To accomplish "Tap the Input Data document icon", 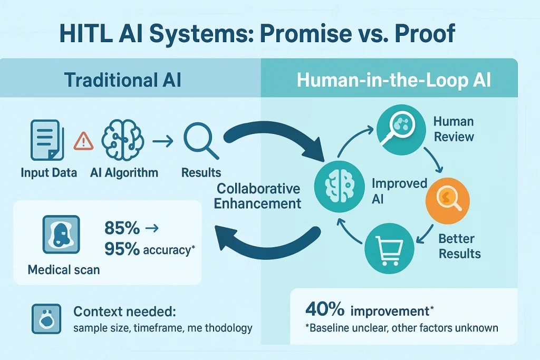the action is click(x=47, y=140).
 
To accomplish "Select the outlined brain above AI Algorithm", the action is click(x=122, y=140).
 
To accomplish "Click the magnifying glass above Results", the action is click(x=201, y=141).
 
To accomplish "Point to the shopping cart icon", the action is click(x=390, y=248).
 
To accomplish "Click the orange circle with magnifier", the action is click(x=447, y=201).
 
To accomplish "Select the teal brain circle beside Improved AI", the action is click(x=340, y=187).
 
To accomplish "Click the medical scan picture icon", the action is click(x=61, y=235).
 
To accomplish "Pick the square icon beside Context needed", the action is click(x=46, y=319).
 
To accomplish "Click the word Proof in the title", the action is click(x=425, y=33).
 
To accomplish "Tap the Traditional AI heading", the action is click(x=122, y=80).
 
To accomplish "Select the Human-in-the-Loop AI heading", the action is click(x=393, y=80).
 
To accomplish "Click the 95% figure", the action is click(x=122, y=249).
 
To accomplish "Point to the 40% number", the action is click(x=325, y=309).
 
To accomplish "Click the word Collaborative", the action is click(x=258, y=189).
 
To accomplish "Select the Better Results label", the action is click(x=459, y=246).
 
